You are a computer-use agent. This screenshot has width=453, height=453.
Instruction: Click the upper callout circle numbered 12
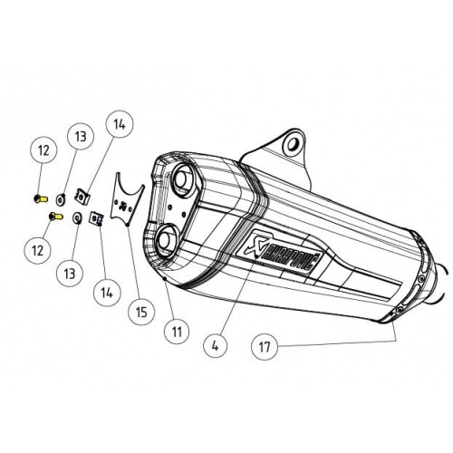pos(43,149)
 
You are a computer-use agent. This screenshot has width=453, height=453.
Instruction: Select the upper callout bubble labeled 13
pos(81,137)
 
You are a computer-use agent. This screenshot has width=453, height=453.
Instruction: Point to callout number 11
pos(176,332)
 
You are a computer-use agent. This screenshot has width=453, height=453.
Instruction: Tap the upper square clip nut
pos(82,193)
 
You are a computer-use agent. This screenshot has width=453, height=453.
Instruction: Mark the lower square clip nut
pos(93,217)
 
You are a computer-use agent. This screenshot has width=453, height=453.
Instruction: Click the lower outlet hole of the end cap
pos(167,242)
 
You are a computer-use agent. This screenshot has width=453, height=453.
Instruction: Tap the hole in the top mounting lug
pos(291,143)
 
